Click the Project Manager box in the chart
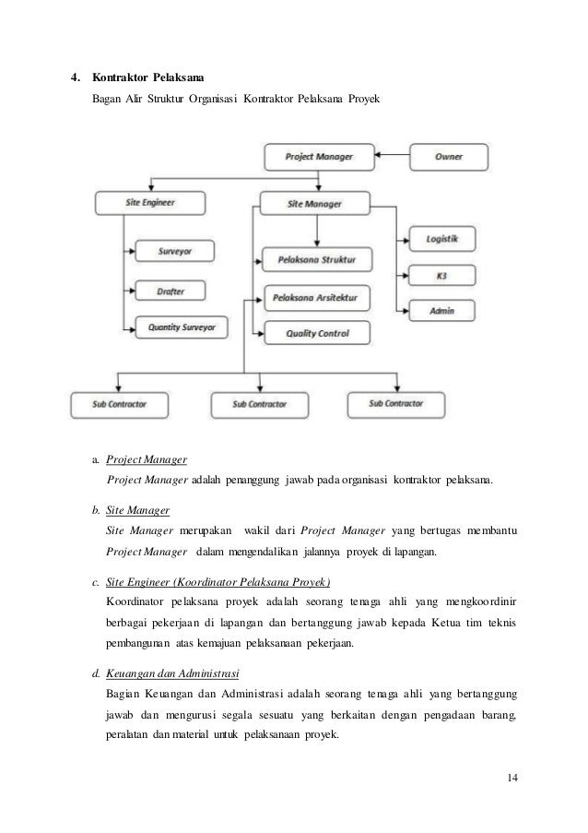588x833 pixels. (320, 157)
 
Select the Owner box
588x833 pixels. (449, 157)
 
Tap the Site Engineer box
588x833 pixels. (149, 201)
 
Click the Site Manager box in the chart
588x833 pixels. (316, 203)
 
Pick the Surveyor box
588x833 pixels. (174, 250)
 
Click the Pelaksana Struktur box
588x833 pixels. (316, 259)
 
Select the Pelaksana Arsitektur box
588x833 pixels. (316, 298)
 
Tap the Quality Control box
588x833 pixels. (316, 333)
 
